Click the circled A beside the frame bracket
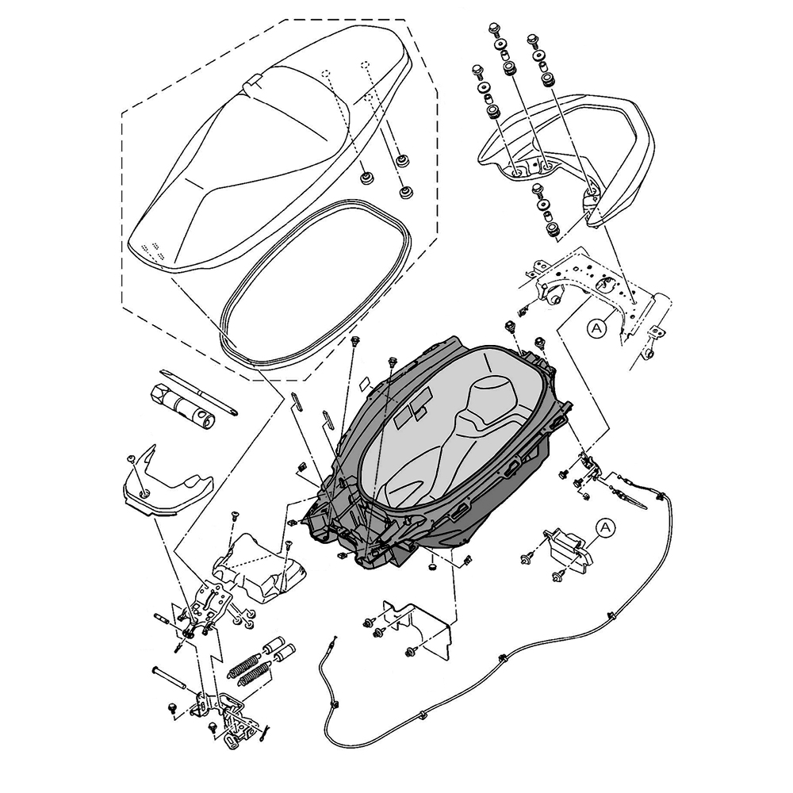point(598,325)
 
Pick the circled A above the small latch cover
point(605,527)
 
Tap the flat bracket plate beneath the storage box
point(420,626)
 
